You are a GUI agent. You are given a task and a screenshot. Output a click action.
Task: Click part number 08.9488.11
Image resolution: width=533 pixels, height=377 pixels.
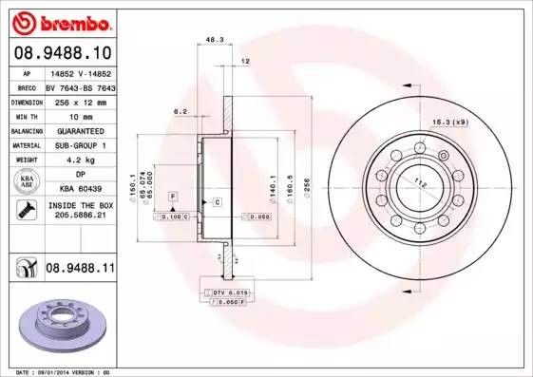coord(79,269)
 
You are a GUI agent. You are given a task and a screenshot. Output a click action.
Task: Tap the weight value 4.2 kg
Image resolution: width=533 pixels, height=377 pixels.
coord(79,160)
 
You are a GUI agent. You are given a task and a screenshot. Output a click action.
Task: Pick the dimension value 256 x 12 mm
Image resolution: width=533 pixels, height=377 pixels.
coord(79,100)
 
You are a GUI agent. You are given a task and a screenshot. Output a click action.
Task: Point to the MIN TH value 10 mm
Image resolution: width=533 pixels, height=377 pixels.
coord(79,115)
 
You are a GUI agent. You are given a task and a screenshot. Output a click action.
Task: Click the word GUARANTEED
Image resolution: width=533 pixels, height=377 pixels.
coord(79,130)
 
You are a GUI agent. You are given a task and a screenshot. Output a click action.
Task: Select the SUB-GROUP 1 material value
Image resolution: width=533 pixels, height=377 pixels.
coord(79,145)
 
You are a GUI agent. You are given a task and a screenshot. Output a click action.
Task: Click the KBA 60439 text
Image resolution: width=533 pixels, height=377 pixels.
coord(79,189)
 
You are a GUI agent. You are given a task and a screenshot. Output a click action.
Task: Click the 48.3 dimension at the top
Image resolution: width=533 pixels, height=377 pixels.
coord(215,40)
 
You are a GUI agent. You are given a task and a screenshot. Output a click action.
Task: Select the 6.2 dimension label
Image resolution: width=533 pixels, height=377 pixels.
coord(179,111)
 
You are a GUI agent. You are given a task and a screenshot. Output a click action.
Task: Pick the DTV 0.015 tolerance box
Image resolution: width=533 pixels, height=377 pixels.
coord(229,292)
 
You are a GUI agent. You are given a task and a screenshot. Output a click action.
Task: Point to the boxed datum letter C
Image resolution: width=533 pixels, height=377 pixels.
coord(217,202)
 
